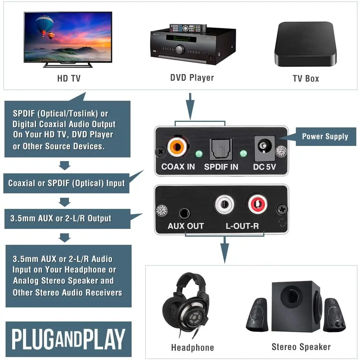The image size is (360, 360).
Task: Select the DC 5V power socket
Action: point(264,147)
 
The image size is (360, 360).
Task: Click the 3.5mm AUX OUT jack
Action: point(184,214)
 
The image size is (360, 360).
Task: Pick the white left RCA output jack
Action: point(224,205)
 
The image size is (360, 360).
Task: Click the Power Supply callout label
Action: point(325,136)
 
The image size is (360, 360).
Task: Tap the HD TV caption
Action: point(69,78)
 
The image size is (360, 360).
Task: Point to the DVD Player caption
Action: point(192,77)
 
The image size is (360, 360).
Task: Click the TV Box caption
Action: point(305,78)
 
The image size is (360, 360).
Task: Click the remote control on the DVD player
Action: point(188,28)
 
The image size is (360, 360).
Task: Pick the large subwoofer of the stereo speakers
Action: point(296,304)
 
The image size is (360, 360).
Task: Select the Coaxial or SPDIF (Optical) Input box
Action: point(66,183)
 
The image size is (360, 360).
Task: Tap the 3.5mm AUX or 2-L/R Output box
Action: point(67,219)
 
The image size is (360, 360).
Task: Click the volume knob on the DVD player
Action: point(180,49)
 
